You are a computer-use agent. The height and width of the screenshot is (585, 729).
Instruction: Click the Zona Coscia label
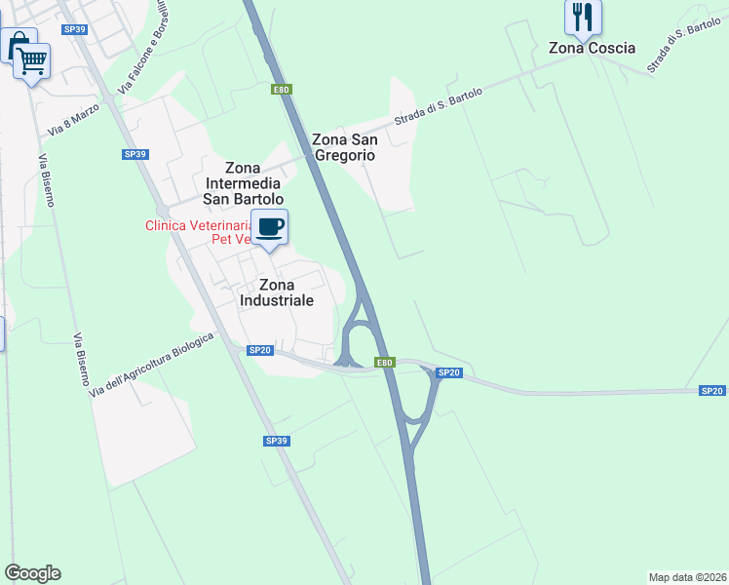coord(592,48)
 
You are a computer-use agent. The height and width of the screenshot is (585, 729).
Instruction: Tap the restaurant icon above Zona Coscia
coord(583,17)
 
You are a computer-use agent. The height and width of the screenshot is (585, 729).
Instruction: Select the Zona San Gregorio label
coord(343,146)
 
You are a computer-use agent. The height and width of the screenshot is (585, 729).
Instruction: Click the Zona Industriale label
coord(277,292)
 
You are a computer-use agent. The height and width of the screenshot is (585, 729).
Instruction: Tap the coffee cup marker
coord(270,228)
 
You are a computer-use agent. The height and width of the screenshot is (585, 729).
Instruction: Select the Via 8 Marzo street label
coord(74,121)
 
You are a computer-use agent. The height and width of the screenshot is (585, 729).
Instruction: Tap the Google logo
coord(32,573)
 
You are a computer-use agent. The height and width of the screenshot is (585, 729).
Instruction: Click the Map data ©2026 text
coord(687,577)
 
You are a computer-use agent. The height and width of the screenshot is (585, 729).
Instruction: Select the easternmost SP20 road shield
coord(712,391)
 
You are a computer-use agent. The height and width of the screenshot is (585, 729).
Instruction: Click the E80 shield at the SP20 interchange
coord(386,364)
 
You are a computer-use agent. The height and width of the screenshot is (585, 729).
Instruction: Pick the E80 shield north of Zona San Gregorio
coord(281,90)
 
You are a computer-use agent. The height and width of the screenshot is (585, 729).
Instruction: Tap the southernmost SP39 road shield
coord(277,442)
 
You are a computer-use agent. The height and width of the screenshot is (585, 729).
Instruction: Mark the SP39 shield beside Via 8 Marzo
coord(134,154)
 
